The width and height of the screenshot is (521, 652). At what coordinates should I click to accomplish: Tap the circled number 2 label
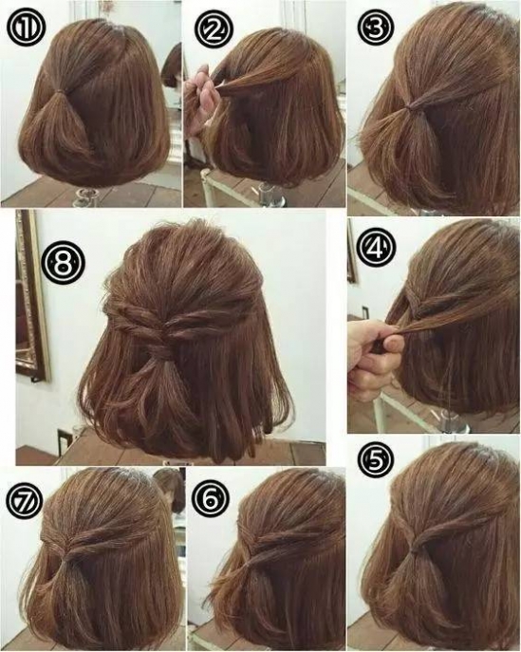[214, 28]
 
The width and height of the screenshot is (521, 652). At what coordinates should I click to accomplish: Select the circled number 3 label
[376, 27]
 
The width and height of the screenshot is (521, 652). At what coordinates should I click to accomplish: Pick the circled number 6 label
[212, 500]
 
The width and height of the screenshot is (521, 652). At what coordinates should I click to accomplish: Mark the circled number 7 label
[25, 499]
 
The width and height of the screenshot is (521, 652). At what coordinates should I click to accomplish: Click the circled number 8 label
[64, 263]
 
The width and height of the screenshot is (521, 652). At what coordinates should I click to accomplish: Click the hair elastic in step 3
[412, 108]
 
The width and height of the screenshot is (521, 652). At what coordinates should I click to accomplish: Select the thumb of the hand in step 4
[394, 343]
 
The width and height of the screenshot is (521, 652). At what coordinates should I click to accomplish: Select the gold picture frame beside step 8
[31, 296]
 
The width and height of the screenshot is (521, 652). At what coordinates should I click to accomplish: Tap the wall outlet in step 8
[65, 441]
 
